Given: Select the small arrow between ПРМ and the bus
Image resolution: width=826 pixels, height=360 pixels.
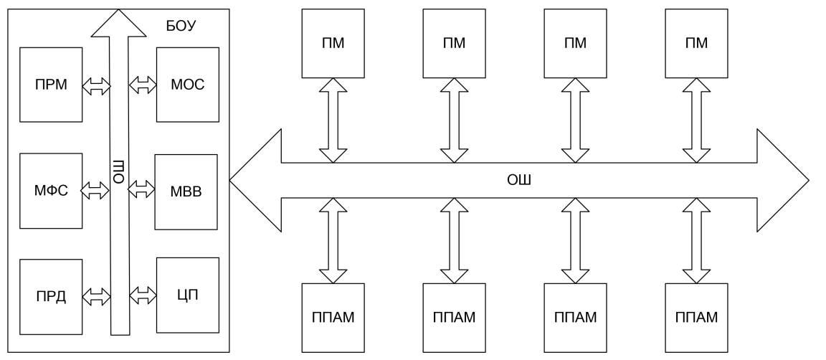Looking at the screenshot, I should (96, 86).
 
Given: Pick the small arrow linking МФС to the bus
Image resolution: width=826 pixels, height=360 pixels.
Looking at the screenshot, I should (96, 189).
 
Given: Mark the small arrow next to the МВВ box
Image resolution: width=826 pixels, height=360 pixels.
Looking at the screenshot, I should (142, 189).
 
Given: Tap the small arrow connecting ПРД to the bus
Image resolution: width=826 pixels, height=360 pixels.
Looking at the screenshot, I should (96, 294).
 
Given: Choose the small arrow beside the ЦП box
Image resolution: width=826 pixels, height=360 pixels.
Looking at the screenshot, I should (142, 294).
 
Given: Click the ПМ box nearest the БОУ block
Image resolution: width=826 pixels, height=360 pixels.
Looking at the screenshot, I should (333, 44).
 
